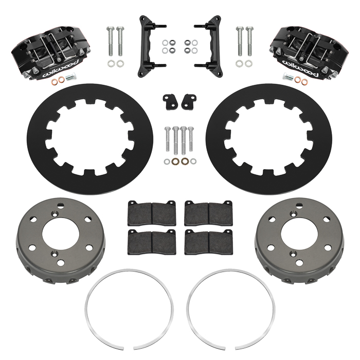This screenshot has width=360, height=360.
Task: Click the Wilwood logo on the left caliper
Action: (x=61, y=68)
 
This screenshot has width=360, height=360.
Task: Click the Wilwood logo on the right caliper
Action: (x=300, y=69)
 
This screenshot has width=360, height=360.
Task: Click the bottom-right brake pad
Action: (x=208, y=242)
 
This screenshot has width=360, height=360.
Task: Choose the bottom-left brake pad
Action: (x=152, y=242)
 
